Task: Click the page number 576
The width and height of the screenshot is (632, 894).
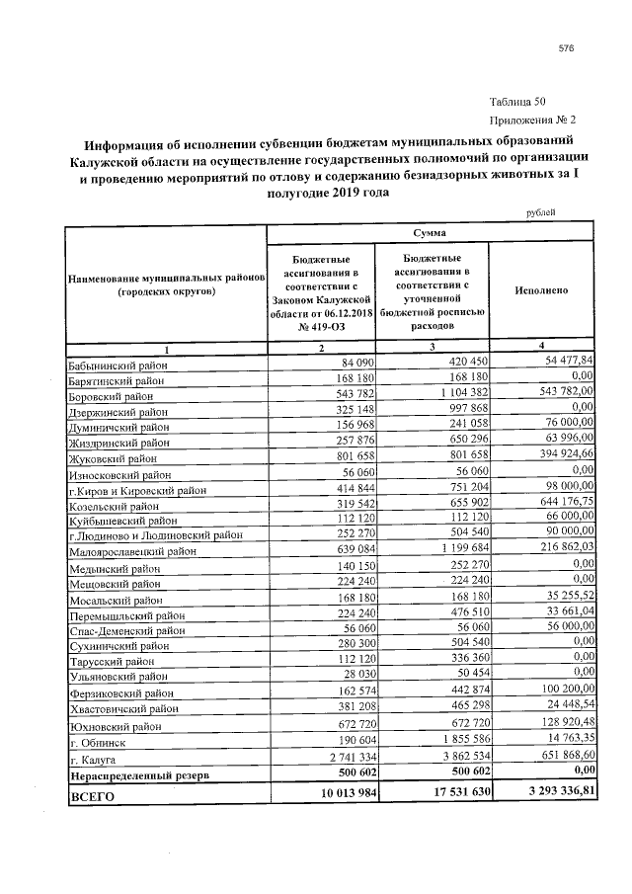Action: pos(566,47)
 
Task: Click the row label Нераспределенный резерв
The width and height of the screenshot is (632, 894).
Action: pos(137,775)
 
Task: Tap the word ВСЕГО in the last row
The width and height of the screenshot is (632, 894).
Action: pos(92,795)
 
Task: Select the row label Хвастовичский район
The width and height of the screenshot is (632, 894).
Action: pos(124,708)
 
